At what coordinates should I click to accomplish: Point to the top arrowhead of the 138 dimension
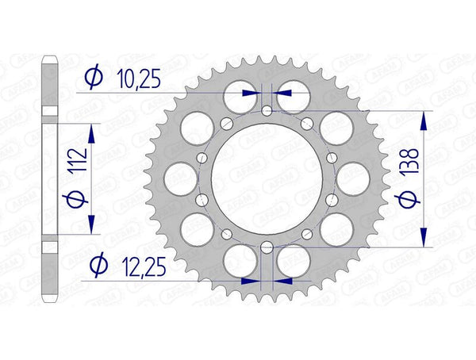point(424,120)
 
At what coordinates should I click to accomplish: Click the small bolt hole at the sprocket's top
point(267,110)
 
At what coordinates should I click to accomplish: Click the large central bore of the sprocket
point(267,178)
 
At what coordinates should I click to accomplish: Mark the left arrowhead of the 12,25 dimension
point(250,280)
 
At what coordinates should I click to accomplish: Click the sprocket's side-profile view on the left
point(49,178)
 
